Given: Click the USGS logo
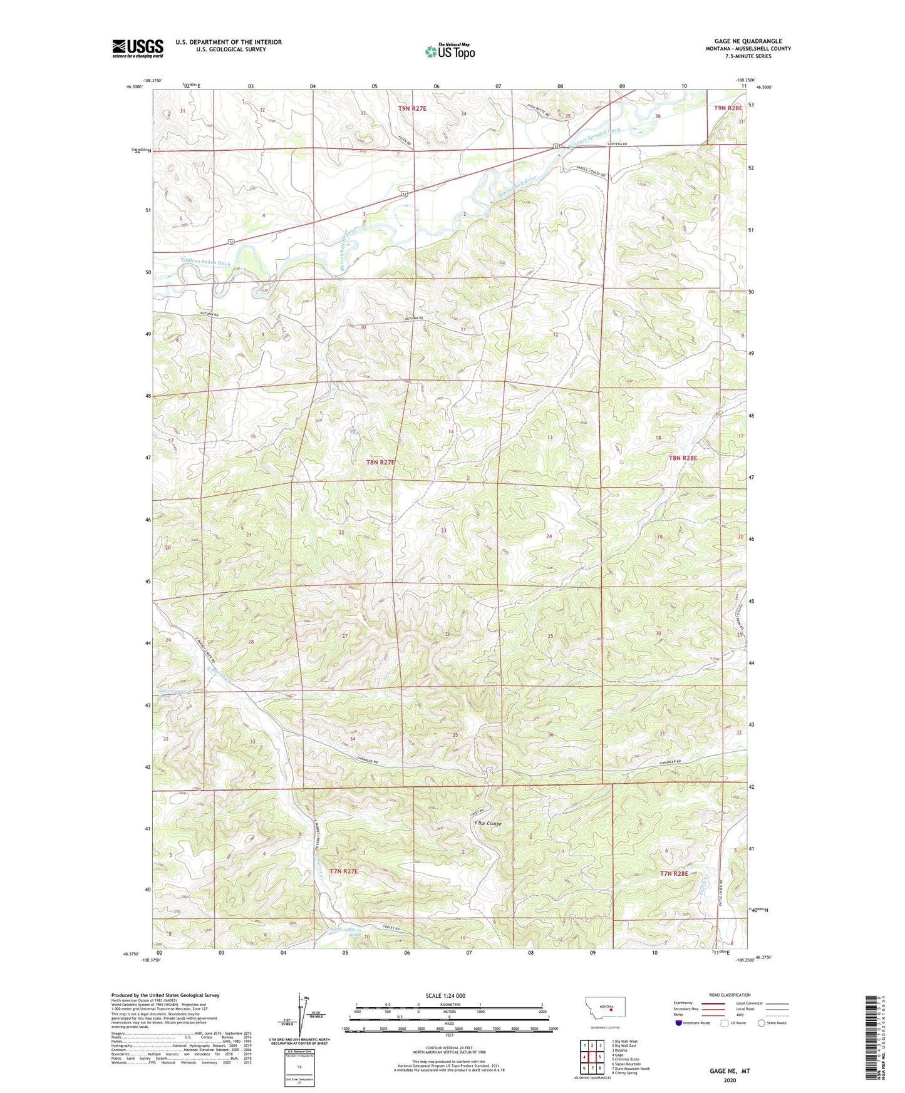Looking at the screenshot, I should click(x=137, y=48).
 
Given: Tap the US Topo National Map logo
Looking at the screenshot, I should click(x=450, y=51).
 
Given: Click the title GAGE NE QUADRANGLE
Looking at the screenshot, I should click(x=748, y=41).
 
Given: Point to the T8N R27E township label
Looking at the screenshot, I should click(x=381, y=463).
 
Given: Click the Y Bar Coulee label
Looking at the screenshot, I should click(x=488, y=824).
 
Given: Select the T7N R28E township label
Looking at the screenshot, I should click(x=674, y=873).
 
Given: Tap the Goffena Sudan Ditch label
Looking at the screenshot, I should click(x=205, y=262).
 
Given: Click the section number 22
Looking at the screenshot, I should click(x=341, y=533).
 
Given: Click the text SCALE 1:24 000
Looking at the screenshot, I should click(x=445, y=996).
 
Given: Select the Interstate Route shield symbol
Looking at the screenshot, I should click(x=679, y=1023).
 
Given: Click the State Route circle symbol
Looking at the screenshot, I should click(x=761, y=1023).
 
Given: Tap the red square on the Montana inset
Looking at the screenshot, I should click(x=611, y=1009).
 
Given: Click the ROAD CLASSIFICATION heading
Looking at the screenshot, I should click(x=730, y=995).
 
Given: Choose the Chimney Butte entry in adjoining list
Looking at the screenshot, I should click(x=626, y=1059).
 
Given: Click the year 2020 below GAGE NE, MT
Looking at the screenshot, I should click(x=730, y=1080).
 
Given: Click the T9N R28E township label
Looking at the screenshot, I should click(x=728, y=108).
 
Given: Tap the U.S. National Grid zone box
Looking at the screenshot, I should click(x=299, y=1067).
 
